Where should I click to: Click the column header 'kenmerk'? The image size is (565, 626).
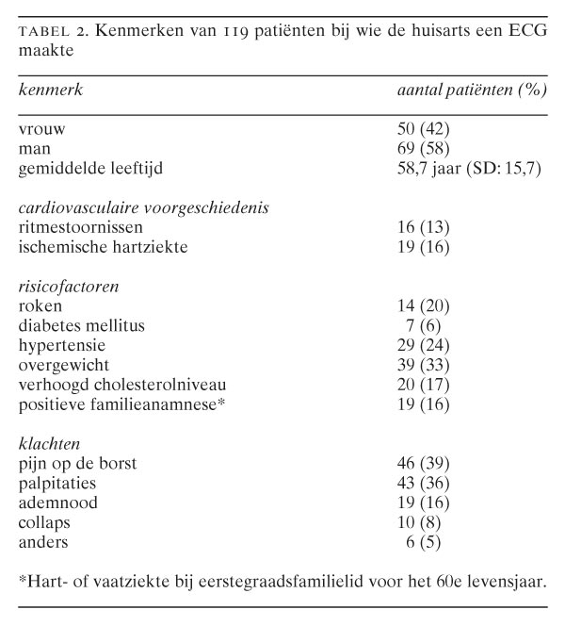(48, 91)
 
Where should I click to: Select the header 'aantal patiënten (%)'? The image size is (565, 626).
(470, 91)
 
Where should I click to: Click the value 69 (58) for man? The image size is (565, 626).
(424, 148)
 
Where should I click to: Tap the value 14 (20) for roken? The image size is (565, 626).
(424, 305)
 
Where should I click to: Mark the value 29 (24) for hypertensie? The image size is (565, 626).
(424, 345)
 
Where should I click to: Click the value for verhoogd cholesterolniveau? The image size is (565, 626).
(424, 385)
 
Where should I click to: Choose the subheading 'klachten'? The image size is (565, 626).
(49, 443)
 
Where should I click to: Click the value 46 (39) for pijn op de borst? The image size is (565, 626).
(424, 463)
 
